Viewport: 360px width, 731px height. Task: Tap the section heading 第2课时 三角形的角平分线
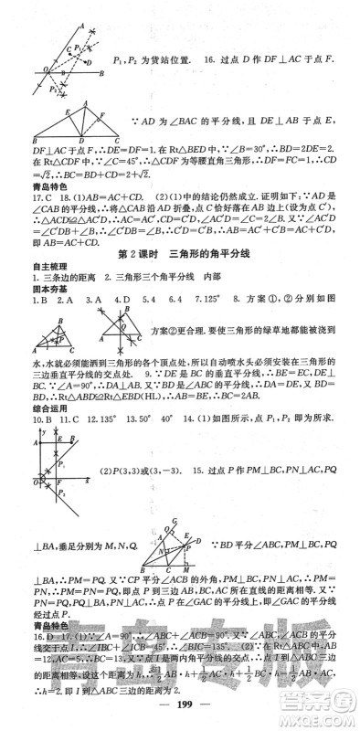179,253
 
